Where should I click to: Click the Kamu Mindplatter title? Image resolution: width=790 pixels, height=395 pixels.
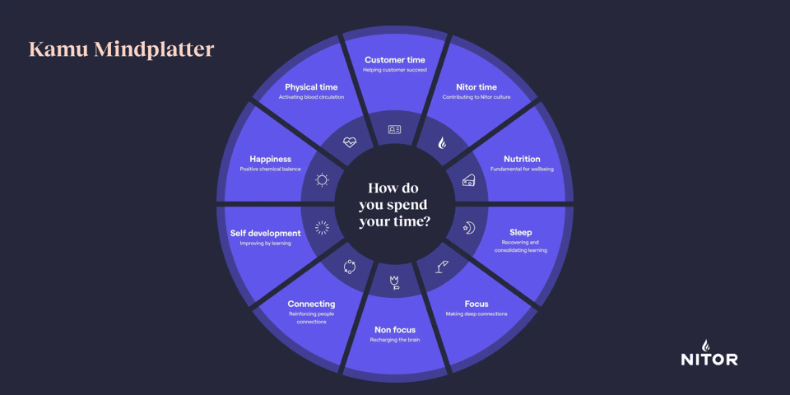click(x=121, y=49)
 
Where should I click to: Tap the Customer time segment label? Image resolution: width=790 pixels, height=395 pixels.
click(x=395, y=60)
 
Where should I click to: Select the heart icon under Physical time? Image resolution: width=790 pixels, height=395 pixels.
click(x=350, y=142)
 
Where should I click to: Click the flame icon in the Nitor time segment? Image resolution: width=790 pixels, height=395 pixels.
click(x=442, y=142)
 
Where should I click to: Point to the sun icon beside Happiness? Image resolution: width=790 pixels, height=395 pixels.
click(x=322, y=180)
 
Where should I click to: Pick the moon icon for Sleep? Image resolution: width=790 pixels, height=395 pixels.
click(x=469, y=228)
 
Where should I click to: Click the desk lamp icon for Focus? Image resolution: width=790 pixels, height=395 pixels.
click(x=442, y=266)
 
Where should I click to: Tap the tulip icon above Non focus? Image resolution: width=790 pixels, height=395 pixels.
click(x=395, y=283)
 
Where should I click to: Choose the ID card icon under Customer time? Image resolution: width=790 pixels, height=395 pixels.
click(x=395, y=129)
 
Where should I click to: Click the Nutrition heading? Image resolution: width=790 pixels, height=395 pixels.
click(x=522, y=159)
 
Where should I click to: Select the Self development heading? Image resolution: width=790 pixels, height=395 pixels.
click(x=265, y=233)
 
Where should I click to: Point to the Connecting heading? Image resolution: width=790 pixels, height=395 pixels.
click(x=311, y=304)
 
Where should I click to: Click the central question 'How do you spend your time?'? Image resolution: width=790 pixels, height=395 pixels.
click(x=395, y=204)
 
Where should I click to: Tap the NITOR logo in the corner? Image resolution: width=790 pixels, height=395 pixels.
click(x=709, y=353)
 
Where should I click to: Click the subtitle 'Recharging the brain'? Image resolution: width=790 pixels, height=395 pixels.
click(x=395, y=340)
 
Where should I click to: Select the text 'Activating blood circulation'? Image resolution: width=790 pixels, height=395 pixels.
click(x=311, y=97)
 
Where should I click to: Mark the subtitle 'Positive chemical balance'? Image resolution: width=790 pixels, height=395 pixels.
click(x=270, y=170)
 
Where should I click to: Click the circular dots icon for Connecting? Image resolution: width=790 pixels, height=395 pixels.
click(x=349, y=267)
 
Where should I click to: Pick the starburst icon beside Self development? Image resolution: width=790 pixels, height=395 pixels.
click(x=322, y=228)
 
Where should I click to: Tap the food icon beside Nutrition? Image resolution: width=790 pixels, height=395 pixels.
click(x=468, y=180)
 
